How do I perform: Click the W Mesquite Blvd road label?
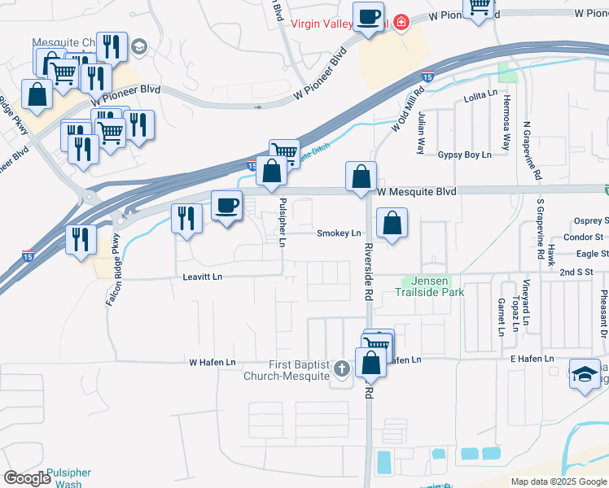416,191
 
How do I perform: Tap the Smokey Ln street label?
339,233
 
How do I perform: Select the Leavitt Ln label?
203,277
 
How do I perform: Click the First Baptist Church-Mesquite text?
288,370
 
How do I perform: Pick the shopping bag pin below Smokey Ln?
392,223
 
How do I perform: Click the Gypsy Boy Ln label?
465,155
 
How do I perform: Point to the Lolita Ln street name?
480,95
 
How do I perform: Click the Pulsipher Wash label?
68,477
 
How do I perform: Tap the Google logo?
27,477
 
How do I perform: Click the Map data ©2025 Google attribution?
558,481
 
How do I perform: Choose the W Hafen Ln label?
212,362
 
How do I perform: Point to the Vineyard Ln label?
527,307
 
